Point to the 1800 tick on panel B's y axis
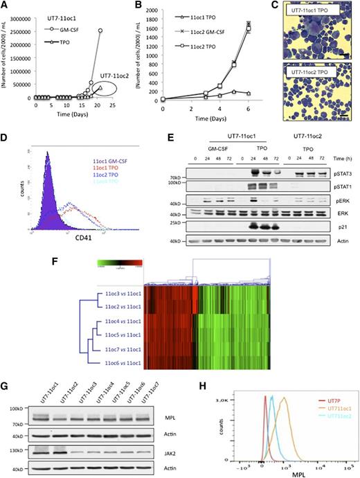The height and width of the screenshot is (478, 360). [x=154, y=12]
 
